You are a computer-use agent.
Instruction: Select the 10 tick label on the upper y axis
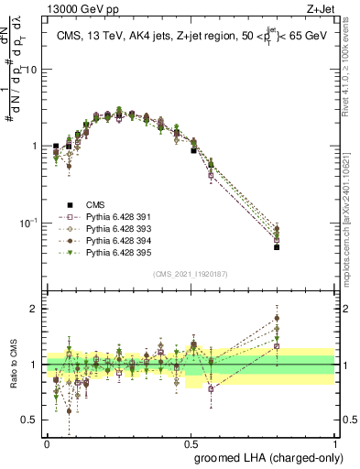click(x=31, y=70)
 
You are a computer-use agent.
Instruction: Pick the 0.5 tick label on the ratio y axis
click(x=32, y=420)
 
